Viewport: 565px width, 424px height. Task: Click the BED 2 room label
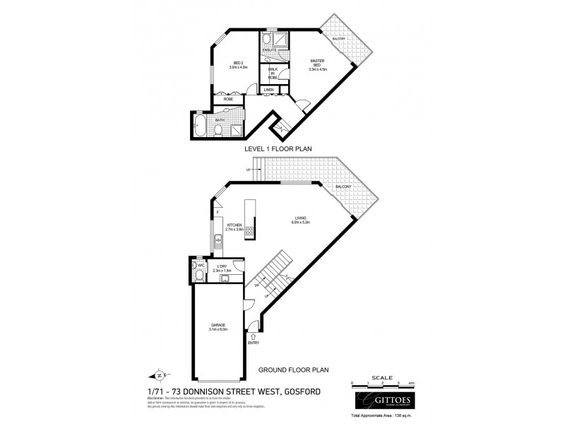pyautogui.click(x=238, y=66)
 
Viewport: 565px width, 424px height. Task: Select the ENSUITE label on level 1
pyautogui.click(x=269, y=49)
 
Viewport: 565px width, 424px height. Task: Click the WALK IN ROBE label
pyautogui.click(x=272, y=73)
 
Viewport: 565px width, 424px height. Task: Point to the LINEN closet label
pyautogui.click(x=269, y=90)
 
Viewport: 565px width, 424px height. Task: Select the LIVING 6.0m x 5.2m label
pyautogui.click(x=301, y=220)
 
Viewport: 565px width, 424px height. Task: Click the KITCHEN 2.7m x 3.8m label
pyautogui.click(x=234, y=228)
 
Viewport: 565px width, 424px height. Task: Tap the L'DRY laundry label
pyautogui.click(x=222, y=268)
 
